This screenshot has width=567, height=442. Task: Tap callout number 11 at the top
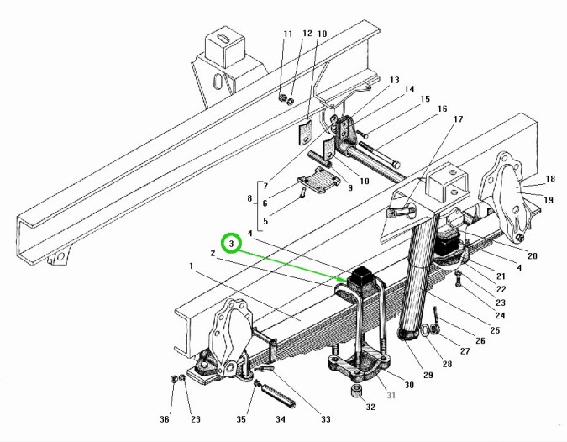(x=288, y=34)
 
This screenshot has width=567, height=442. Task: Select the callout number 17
(x=459, y=119)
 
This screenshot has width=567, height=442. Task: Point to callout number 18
(x=550, y=179)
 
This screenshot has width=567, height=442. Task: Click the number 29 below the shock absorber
(x=428, y=375)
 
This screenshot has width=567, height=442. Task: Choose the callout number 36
(x=165, y=419)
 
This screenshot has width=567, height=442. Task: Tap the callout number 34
(x=281, y=419)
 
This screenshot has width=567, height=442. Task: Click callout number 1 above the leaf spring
(x=192, y=266)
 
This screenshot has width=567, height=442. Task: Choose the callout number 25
(x=496, y=331)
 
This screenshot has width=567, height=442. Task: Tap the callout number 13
(x=394, y=79)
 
